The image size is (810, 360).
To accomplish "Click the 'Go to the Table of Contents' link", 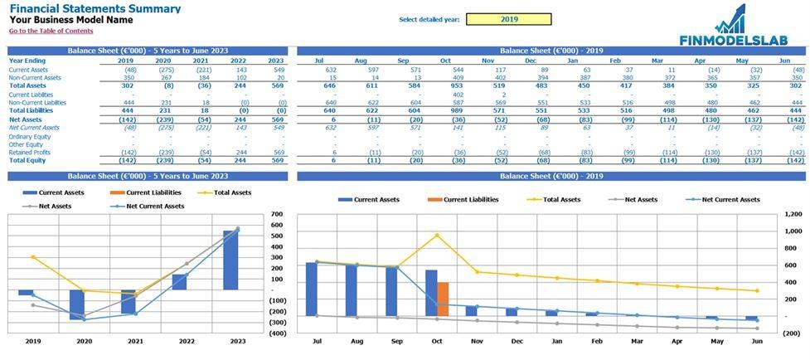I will coord(51,31).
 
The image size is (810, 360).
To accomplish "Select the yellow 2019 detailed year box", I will coord(509,19).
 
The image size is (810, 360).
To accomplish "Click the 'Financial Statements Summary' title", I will coord(95,8).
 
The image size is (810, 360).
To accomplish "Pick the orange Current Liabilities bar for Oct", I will coord(444,299).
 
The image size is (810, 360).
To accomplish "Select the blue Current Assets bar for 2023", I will coord(230,260).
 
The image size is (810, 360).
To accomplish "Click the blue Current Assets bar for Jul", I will coord(311,289).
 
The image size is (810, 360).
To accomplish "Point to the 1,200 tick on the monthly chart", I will coord(792,214).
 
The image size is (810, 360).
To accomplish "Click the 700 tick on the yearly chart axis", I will coord(277,214).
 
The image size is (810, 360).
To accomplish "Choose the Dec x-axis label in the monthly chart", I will coord(517,341).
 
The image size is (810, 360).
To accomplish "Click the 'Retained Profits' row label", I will coord(31,152).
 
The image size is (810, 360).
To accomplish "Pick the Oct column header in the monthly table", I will coord(445,61).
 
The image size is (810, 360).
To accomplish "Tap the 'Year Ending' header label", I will coord(27,61).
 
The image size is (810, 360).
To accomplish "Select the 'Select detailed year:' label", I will coord(429,19).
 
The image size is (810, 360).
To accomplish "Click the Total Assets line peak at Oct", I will coord(437,235).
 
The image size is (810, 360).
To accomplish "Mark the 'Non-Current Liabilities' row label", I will coord(36,102).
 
